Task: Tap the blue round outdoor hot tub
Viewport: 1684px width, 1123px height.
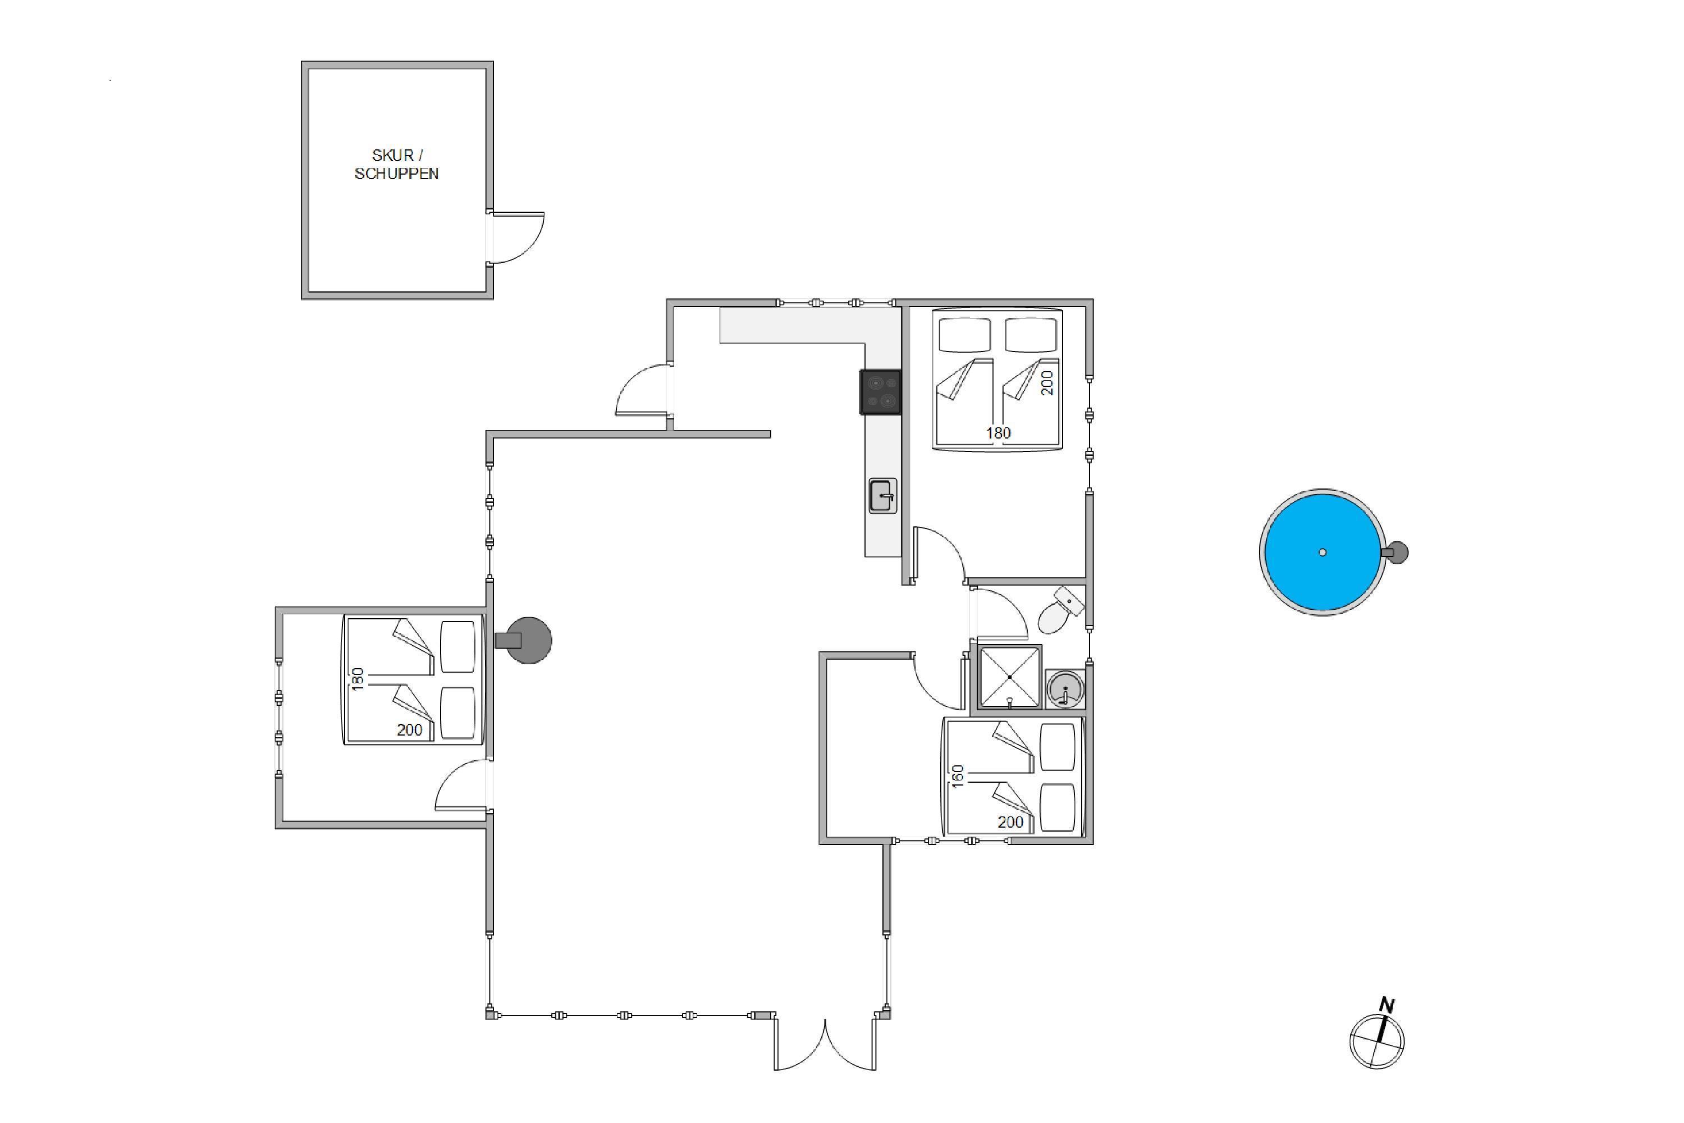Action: point(1322,552)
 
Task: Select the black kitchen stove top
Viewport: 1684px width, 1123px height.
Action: point(880,392)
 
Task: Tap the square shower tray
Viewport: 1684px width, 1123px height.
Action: point(1009,677)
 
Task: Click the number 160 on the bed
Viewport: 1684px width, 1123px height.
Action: point(958,777)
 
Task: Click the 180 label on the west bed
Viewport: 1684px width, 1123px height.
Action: point(358,678)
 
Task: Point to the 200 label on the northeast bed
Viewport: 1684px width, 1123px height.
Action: point(1047,382)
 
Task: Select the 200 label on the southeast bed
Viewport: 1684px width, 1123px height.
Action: point(1010,822)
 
